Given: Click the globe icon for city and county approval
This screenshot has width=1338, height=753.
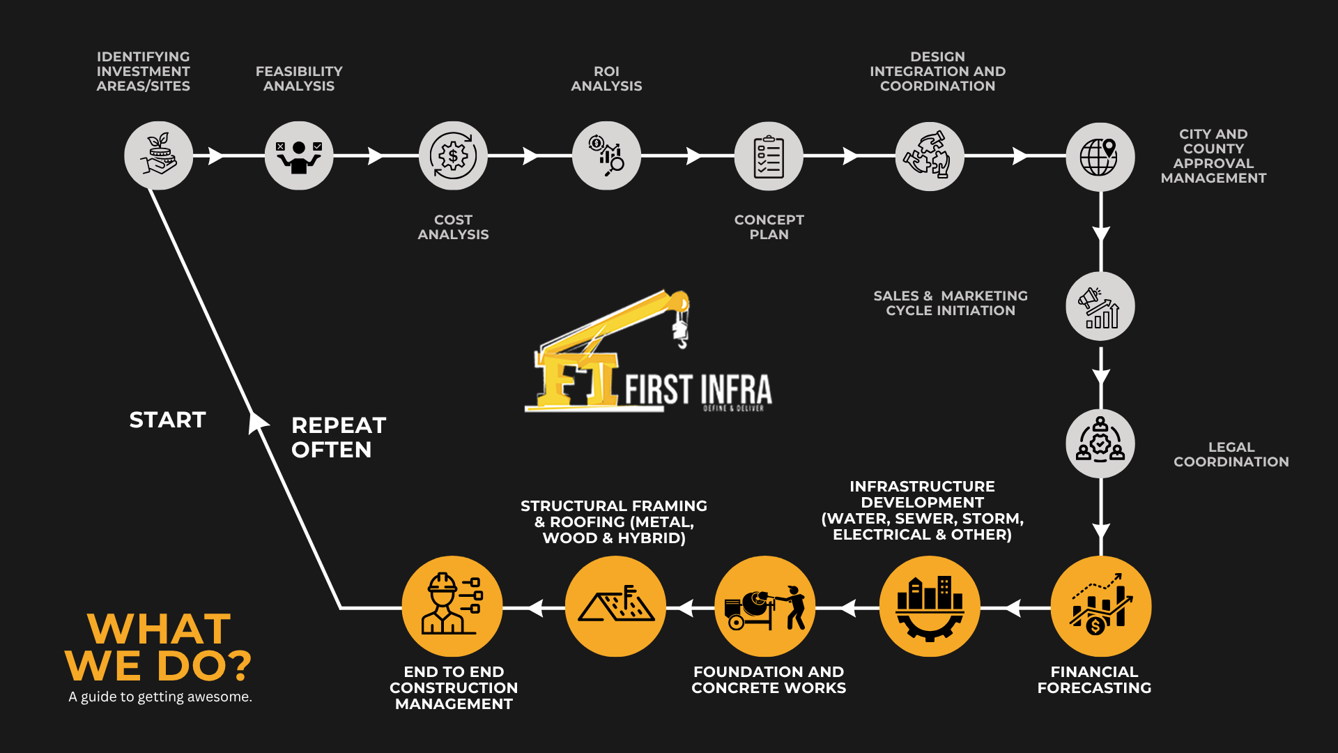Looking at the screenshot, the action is (1100, 157).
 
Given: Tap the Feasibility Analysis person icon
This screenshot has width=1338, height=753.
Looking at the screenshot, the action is (299, 156).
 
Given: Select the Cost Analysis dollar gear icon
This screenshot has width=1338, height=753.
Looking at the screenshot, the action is (453, 156).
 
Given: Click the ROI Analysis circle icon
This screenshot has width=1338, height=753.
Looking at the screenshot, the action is (606, 156).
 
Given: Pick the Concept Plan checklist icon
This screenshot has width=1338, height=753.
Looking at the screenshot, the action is (769, 156).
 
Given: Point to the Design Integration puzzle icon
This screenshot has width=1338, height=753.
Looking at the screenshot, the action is (930, 156).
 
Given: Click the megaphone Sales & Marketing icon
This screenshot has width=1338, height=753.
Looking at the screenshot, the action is (1100, 307).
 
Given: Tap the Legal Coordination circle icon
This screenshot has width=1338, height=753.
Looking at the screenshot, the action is (1100, 443).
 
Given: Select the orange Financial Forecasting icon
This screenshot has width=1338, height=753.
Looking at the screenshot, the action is (1100, 607).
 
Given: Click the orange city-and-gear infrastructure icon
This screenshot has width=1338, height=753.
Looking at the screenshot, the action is (930, 607).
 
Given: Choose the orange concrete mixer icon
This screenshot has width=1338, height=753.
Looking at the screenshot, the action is (765, 607).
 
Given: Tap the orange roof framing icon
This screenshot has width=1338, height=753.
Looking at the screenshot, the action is (615, 607).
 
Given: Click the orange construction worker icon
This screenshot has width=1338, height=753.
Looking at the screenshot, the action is (452, 607).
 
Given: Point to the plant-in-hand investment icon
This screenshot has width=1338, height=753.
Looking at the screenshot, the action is (159, 156).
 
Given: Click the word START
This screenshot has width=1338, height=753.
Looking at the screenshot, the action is (168, 420).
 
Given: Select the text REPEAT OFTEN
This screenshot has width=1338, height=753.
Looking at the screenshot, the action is (339, 437).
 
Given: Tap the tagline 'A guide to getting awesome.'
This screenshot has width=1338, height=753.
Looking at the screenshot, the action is (160, 697).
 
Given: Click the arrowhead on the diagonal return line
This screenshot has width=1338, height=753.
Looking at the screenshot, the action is (258, 422).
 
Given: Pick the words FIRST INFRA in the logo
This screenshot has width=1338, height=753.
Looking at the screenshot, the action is (698, 389).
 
